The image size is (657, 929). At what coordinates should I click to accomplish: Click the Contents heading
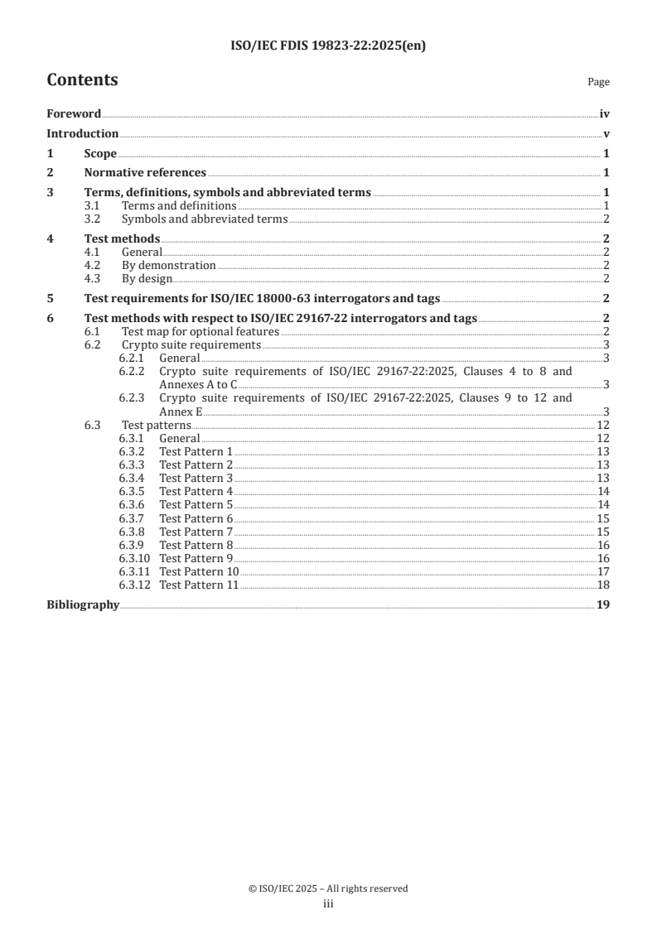82,80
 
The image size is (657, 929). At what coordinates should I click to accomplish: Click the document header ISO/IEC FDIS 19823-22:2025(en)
327,46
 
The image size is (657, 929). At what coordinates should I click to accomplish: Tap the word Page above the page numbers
598,82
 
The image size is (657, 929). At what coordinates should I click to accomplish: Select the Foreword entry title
74,114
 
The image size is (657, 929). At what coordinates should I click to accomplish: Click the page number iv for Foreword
605,114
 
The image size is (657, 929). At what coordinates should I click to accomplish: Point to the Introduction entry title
82,133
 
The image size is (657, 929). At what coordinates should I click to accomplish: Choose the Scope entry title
100,153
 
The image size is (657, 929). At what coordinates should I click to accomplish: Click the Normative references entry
145,172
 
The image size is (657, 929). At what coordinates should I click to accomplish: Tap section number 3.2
93,219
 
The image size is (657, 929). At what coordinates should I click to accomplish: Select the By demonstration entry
168,265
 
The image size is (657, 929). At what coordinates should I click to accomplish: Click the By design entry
147,278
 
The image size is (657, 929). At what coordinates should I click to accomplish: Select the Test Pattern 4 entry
196,491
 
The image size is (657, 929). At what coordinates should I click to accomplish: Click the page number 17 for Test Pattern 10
604,571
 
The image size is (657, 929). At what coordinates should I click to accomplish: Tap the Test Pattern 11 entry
199,585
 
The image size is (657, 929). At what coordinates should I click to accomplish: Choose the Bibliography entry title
83,605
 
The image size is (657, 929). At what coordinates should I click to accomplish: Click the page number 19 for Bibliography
604,605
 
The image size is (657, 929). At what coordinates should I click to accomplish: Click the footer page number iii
327,905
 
